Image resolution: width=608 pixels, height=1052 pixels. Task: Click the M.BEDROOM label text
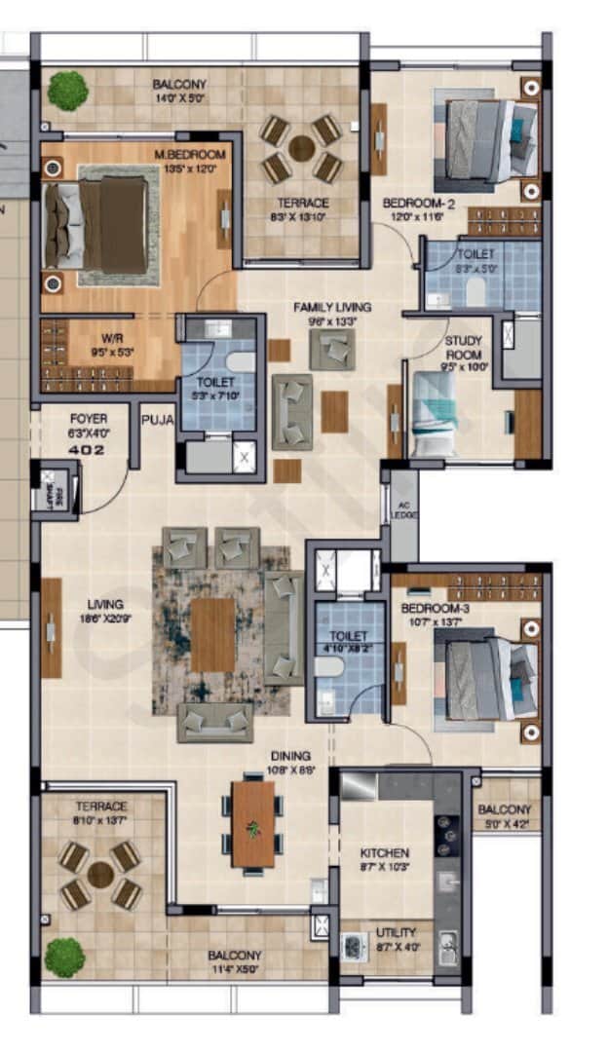pos(190,155)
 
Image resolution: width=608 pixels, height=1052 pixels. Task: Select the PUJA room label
pos(156,421)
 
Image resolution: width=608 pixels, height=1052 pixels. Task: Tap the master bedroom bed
pos(97,225)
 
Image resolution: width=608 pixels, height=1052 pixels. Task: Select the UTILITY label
pos(396,932)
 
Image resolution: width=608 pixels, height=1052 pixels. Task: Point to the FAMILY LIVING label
pos(332,308)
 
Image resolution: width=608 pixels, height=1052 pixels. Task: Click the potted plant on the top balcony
pos(67,91)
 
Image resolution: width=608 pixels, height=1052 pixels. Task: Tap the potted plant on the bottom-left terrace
pos(65,956)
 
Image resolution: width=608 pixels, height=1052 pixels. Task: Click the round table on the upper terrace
pos(302,149)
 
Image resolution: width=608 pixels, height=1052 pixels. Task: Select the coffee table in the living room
pos(212,634)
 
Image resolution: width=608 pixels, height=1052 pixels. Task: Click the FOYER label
pos(88,419)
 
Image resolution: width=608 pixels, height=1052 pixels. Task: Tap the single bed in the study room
pos(434,414)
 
